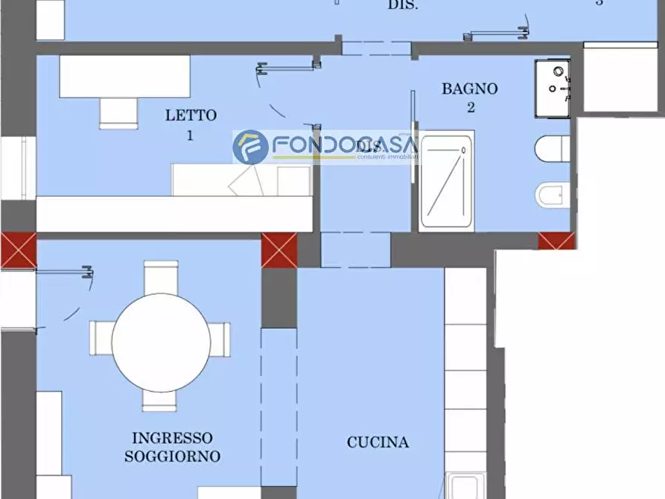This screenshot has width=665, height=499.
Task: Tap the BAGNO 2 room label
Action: (x=470, y=98)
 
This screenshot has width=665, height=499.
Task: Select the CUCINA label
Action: (x=378, y=442)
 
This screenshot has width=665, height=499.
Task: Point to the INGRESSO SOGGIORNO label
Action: (x=172, y=447)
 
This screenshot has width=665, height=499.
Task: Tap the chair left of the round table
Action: (x=101, y=338)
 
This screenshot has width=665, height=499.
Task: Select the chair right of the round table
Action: (x=220, y=338)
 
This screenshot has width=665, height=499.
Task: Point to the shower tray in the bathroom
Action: (x=447, y=180)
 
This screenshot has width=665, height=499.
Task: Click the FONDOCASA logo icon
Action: (x=250, y=147)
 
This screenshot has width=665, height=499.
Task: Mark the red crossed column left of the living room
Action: (x=18, y=250)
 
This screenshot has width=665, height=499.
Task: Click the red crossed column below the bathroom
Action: (x=556, y=241)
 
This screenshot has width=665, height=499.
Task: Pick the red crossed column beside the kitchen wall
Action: (x=279, y=250)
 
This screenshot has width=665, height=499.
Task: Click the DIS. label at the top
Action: (x=402, y=5)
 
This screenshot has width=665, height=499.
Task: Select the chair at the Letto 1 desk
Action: (x=118, y=112)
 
